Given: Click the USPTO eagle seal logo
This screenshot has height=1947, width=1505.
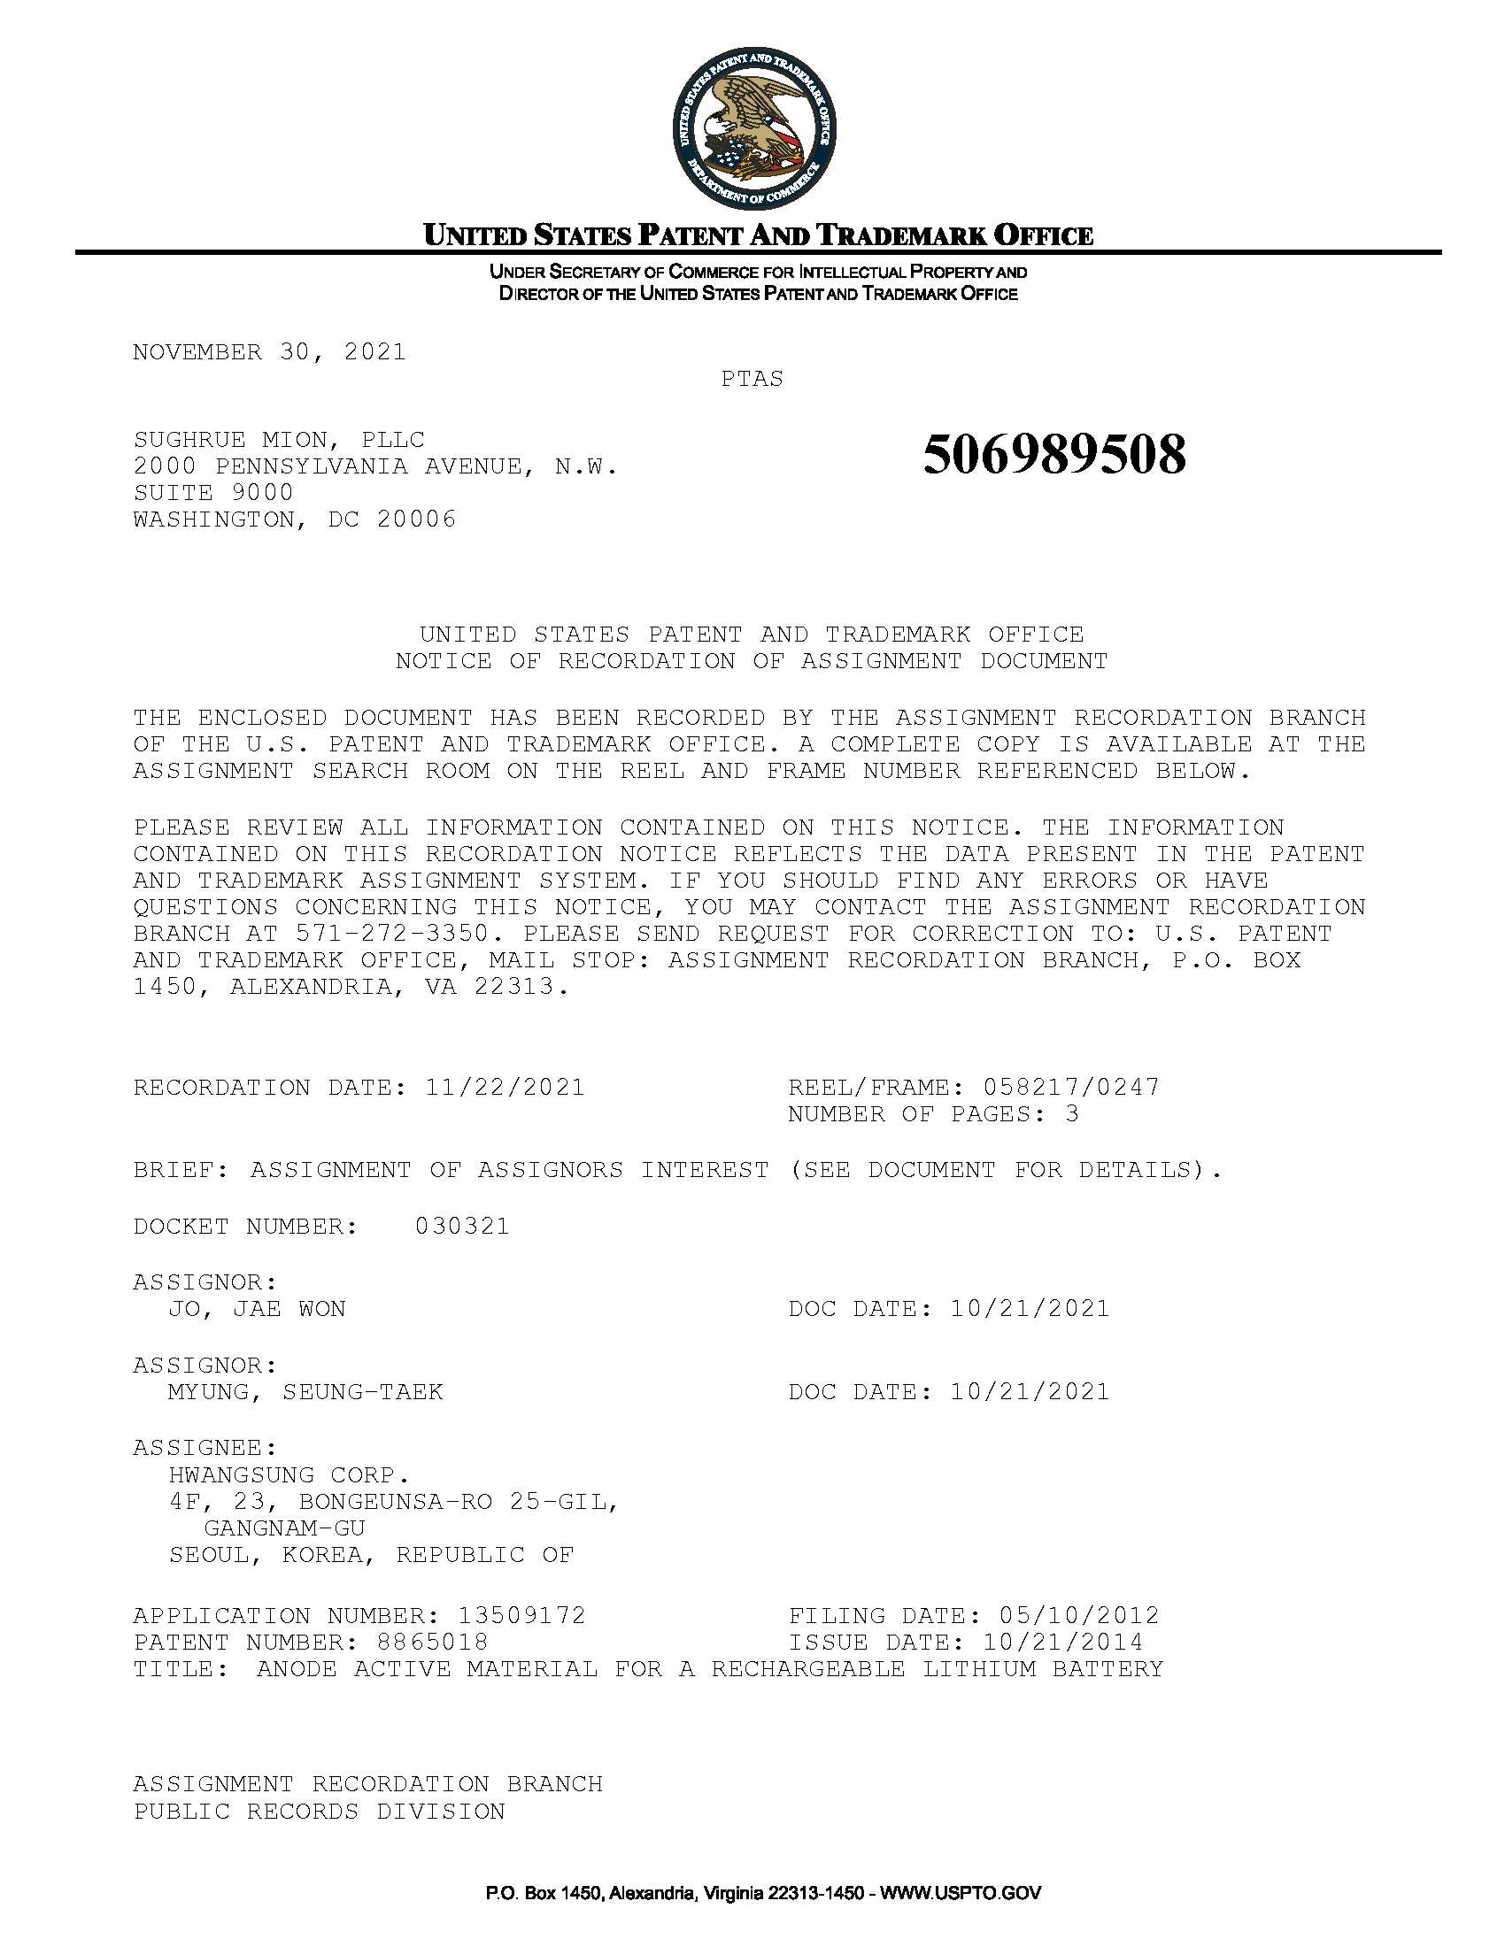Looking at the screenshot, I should pyautogui.click(x=753, y=130).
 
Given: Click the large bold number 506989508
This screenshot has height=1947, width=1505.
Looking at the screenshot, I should pyautogui.click(x=1053, y=455).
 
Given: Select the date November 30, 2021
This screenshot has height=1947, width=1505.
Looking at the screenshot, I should pyautogui.click(x=269, y=352).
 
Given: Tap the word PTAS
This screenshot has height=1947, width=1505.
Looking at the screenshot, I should pyautogui.click(x=752, y=379).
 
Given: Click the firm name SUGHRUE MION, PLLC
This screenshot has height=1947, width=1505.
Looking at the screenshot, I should pyautogui.click(x=279, y=440).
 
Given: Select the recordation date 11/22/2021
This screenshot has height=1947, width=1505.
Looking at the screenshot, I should pyautogui.click(x=505, y=1088).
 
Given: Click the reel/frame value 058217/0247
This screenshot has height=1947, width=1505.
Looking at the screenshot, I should pyautogui.click(x=1071, y=1088).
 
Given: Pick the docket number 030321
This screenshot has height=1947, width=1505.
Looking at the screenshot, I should pyautogui.click(x=462, y=1227).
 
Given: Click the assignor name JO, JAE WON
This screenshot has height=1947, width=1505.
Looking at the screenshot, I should pyautogui.click(x=257, y=1309).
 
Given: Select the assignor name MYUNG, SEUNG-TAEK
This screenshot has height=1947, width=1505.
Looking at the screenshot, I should pyautogui.click(x=305, y=1391).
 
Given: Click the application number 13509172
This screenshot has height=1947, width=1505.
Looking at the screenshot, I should pyautogui.click(x=521, y=1615).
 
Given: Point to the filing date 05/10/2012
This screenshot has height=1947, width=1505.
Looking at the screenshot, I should pyautogui.click(x=1079, y=1615).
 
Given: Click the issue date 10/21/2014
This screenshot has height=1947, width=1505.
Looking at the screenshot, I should pyautogui.click(x=1062, y=1642).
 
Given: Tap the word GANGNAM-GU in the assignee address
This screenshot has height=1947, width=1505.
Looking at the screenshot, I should pyautogui.click(x=284, y=1528).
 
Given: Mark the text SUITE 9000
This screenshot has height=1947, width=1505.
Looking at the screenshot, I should pyautogui.click(x=213, y=493).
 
